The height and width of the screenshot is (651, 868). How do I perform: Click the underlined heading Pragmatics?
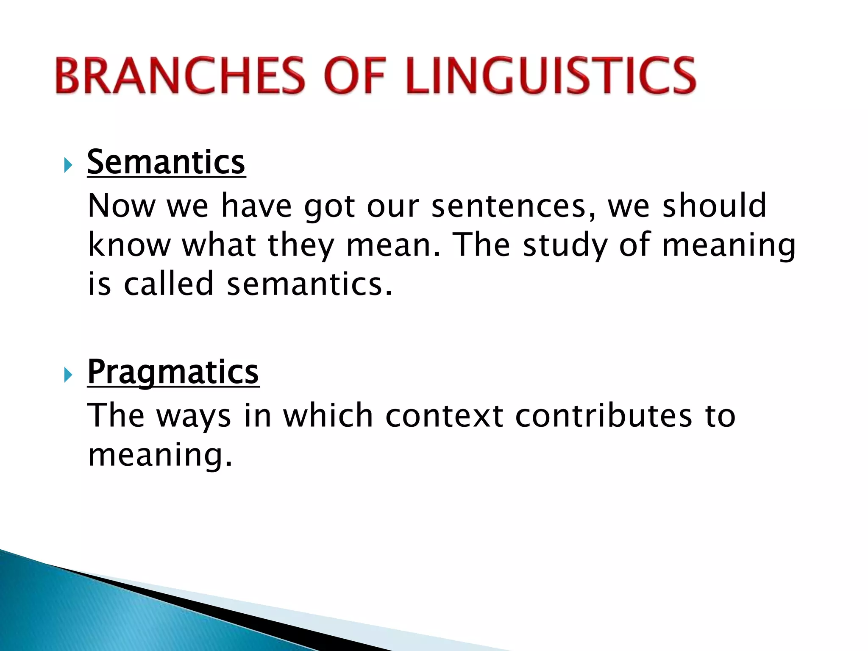coord(173,372)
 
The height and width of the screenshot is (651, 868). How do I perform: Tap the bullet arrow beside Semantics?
coord(68,165)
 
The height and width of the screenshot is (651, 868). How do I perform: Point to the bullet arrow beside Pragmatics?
coord(68,375)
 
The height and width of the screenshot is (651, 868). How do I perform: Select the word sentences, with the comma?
coord(513,206)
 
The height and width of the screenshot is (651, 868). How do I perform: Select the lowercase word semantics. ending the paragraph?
coord(309,284)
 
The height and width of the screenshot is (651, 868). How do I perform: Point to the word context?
coord(444,416)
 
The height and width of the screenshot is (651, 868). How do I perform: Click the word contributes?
coord(604,416)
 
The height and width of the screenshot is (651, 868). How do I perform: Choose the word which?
coord(328,416)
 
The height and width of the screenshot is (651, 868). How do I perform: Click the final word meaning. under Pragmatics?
coord(160,455)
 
